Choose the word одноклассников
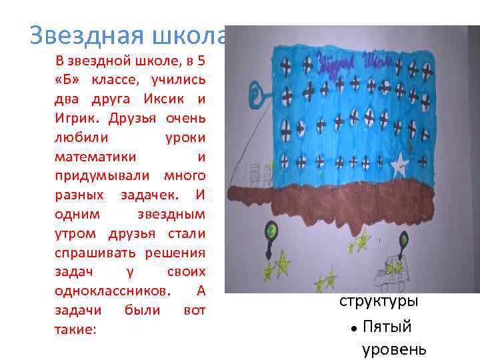[113, 291]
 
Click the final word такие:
[76, 329]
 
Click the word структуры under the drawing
[379, 301]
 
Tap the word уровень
[394, 349]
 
